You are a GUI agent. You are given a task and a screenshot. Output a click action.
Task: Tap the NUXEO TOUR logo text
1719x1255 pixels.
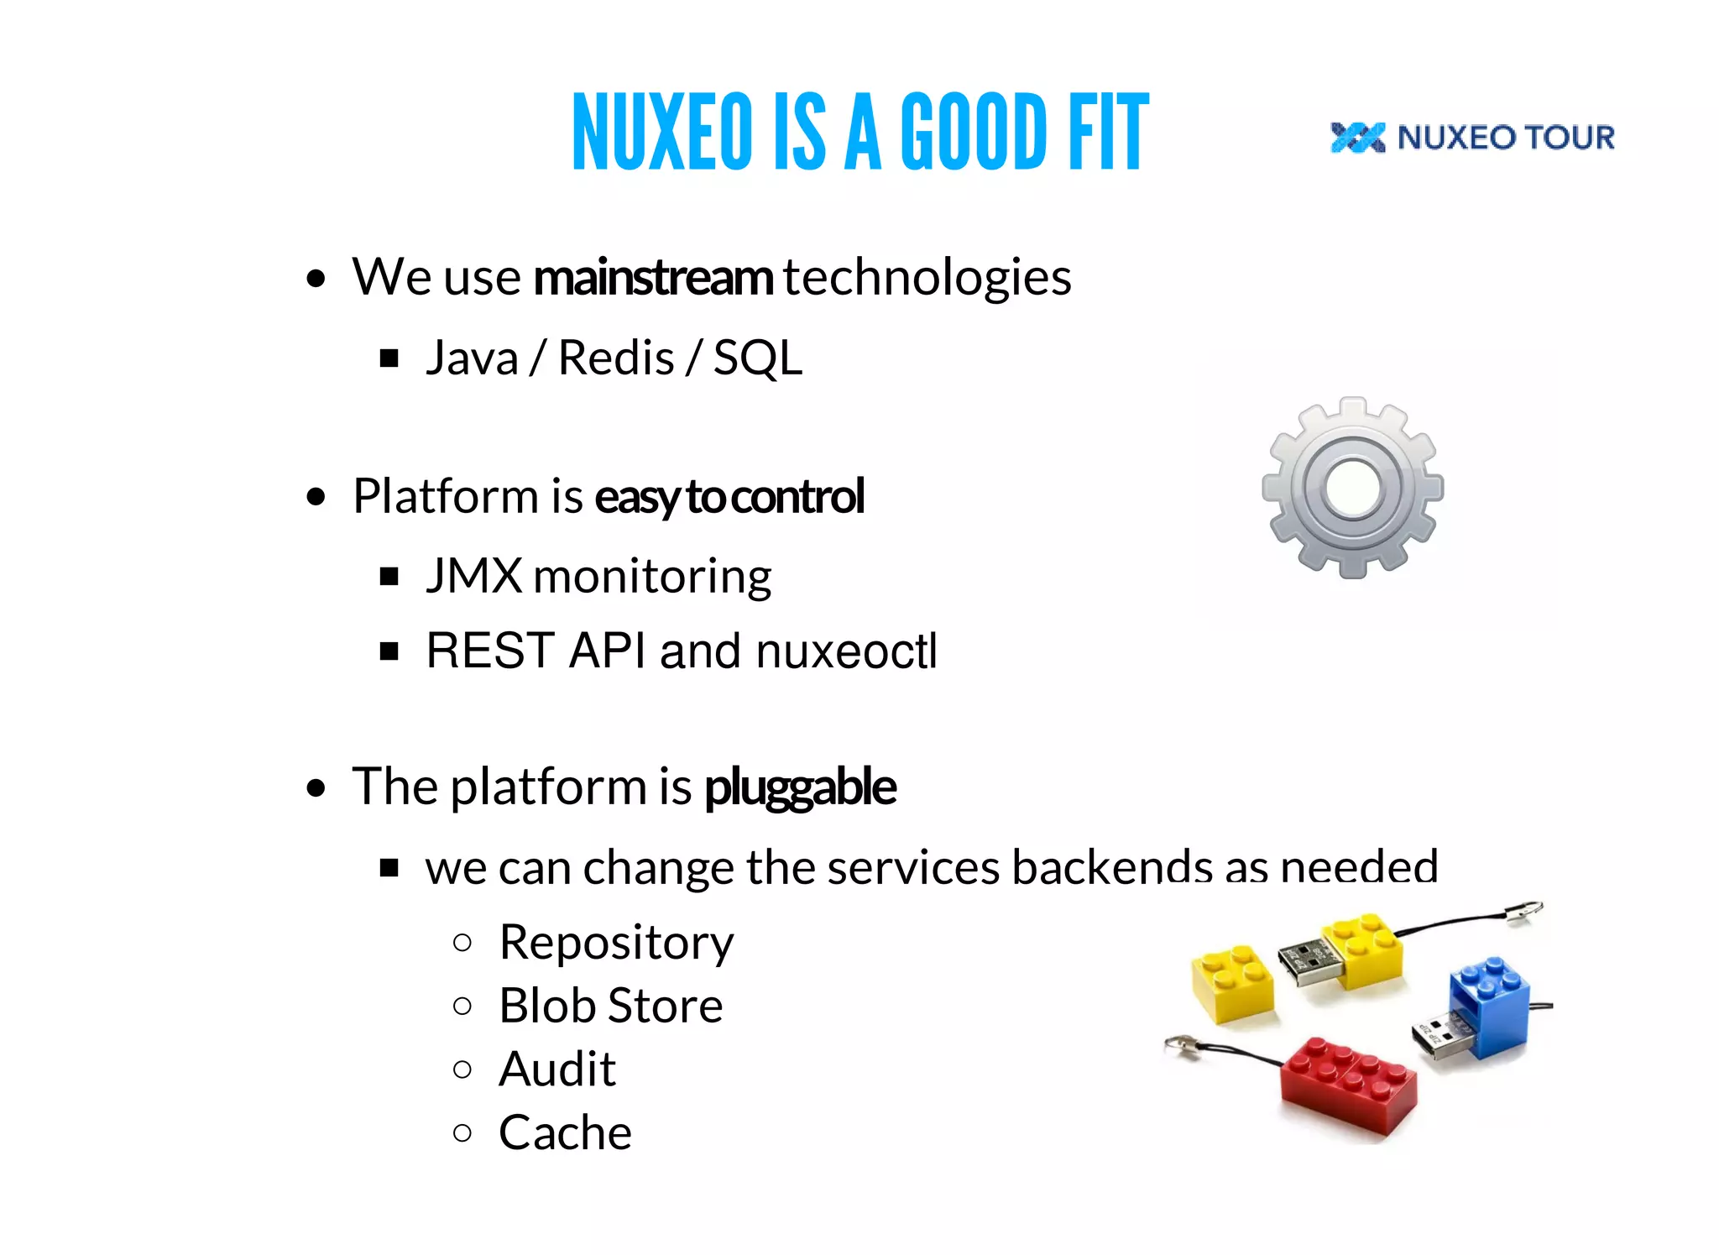point(1506,137)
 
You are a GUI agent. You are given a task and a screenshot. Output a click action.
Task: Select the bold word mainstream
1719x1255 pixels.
point(653,278)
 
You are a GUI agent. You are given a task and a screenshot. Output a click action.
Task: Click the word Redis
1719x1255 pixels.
point(616,358)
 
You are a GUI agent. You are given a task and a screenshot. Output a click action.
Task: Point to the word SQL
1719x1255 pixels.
point(758,358)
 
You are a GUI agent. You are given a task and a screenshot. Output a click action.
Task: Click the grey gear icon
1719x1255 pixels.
point(1352,488)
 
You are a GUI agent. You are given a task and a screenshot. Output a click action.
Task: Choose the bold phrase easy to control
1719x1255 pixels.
point(729,496)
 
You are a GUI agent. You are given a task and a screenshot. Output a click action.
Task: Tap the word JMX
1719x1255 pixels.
point(474,577)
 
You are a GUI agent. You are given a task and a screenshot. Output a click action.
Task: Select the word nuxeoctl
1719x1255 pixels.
point(846,651)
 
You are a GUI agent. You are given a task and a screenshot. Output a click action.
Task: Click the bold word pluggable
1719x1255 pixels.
point(800,787)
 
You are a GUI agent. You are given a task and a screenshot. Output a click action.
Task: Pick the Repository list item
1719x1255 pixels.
point(616,943)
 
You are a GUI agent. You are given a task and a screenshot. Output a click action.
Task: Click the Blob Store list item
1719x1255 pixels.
point(610,1006)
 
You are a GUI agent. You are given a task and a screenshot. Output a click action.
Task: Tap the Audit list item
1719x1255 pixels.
point(557,1069)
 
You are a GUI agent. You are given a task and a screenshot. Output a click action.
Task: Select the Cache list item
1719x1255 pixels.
point(565,1133)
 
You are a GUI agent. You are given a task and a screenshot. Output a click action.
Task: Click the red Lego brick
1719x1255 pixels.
point(1348,1087)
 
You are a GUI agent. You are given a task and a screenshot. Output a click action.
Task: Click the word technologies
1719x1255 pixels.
point(927,278)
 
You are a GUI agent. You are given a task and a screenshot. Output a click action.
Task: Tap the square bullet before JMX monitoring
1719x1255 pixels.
point(389,577)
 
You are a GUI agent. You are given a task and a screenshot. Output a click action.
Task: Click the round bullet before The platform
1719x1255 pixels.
point(316,788)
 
